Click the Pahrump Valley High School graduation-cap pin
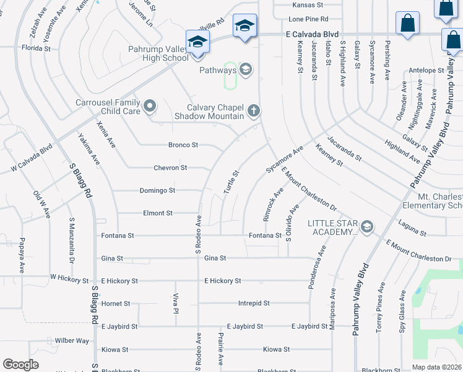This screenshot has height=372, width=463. pos(197,42)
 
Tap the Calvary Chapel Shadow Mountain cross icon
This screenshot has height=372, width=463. pos(253,111)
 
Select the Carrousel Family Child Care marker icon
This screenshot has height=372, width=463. pos(149,107)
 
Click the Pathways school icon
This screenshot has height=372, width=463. pos(246,69)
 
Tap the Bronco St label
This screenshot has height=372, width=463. pos(183,145)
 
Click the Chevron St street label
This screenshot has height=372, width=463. pos(170,168)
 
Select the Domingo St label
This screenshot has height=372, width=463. pos(157,190)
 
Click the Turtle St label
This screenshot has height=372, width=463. pos(231,181)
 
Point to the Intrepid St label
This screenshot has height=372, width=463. pos(254,303)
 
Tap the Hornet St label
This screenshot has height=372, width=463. pos(116,304)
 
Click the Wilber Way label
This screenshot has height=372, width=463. pos(72,340)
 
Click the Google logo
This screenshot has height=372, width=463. pos(21,365)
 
